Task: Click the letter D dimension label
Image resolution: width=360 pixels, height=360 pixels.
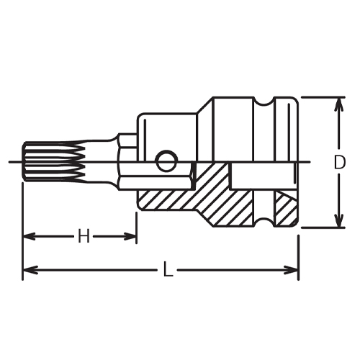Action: tap(339, 162)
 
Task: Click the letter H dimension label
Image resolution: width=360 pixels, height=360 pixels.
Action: tap(84, 236)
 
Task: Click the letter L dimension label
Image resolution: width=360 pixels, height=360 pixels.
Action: tap(168, 269)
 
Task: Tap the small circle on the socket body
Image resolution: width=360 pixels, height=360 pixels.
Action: tap(167, 161)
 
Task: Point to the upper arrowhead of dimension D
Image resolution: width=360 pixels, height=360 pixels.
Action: tap(339, 104)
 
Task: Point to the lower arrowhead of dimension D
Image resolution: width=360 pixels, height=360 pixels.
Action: tap(339, 220)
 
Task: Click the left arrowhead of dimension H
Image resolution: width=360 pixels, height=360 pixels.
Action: tap(30, 236)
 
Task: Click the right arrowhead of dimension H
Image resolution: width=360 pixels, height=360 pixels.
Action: tap(130, 236)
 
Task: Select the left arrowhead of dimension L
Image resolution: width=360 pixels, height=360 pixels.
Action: tap(30, 269)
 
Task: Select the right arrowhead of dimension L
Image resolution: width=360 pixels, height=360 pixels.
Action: tap(292, 269)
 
